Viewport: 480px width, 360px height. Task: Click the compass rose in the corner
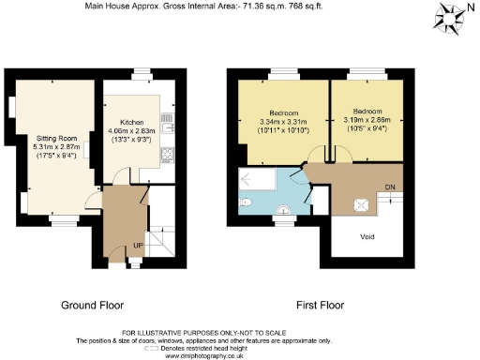(454, 15)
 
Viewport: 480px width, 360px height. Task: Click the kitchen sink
(169, 120)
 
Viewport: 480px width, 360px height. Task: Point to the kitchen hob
(169, 154)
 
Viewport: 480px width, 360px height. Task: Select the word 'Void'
(367, 236)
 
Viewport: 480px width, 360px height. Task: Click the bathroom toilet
(244, 202)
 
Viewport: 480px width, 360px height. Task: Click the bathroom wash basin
(284, 209)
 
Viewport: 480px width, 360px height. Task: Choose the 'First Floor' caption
(322, 306)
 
